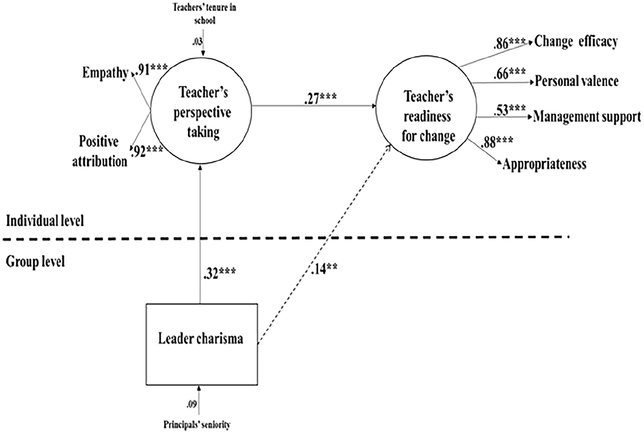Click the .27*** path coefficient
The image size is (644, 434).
click(x=320, y=99)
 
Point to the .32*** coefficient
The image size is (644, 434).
click(x=220, y=273)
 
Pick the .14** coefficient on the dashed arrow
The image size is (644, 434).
click(x=324, y=269)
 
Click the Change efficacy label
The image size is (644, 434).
click(x=576, y=42)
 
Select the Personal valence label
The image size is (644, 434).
click(x=576, y=81)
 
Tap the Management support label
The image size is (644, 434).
click(x=587, y=117)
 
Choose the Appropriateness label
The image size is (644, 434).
click(x=545, y=164)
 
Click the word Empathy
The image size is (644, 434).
click(x=105, y=73)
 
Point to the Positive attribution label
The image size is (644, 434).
click(x=99, y=152)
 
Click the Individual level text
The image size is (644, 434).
click(x=45, y=221)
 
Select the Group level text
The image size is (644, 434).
click(x=35, y=261)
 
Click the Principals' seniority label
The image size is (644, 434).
click(x=197, y=425)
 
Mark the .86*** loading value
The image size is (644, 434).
click(x=509, y=44)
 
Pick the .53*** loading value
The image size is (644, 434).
click(x=509, y=110)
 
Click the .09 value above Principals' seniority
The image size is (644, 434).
click(x=192, y=405)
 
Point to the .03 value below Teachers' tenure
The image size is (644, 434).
click(x=197, y=42)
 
